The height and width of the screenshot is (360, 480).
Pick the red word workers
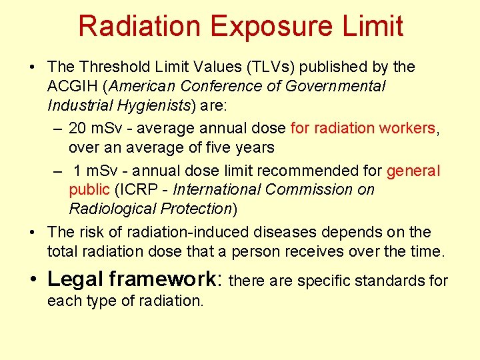coord(405,128)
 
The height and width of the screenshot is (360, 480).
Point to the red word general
coord(413,171)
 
